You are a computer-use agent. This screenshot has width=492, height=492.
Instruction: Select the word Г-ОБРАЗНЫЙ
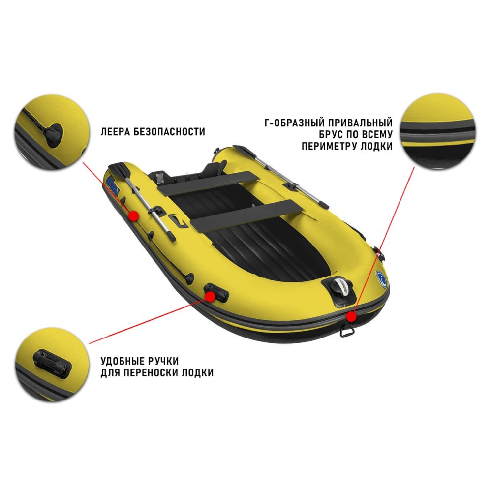291,123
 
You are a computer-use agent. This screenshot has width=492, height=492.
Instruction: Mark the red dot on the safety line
133,215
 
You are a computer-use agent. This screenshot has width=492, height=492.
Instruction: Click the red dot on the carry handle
210,296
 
